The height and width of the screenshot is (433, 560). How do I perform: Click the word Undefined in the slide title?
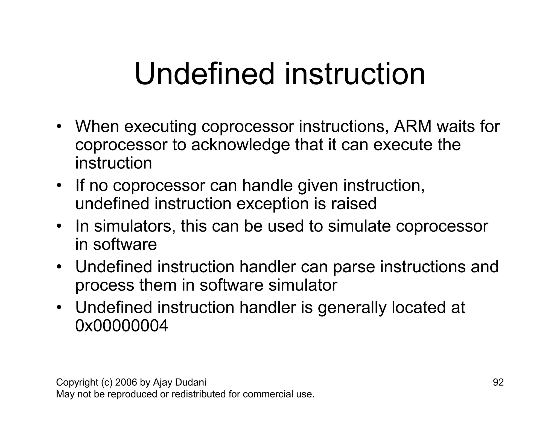204,74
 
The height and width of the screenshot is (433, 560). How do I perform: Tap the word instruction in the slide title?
355,74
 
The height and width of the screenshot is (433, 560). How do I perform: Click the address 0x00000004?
121,326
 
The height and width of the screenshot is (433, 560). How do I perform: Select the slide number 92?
498,382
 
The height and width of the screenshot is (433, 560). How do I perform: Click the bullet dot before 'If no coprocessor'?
59,186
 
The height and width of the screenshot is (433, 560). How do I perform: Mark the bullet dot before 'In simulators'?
59,226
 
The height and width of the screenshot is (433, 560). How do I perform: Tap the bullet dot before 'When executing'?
59,127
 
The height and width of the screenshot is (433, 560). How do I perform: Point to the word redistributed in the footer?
195,394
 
